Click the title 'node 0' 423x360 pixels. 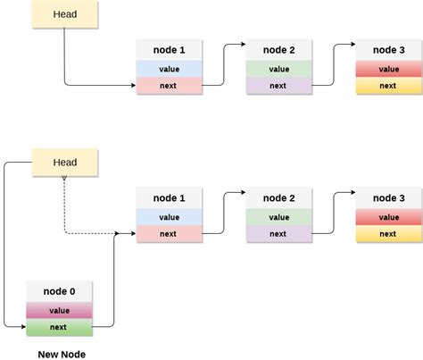59,291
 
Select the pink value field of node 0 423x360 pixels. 59,310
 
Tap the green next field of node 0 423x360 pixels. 59,327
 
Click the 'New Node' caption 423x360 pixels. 62,355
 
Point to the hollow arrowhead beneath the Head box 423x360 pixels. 64,178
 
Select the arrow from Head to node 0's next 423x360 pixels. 4,244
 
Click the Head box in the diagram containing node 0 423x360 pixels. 65,163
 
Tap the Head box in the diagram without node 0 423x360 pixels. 65,14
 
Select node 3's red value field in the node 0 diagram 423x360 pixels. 389,217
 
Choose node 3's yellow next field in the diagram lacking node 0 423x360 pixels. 389,86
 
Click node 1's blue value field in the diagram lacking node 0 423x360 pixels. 169,69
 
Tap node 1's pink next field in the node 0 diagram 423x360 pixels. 169,234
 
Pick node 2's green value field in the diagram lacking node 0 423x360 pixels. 279,69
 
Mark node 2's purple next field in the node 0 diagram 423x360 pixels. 279,234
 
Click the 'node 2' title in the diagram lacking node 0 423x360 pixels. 279,50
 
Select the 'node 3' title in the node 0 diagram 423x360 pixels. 389,198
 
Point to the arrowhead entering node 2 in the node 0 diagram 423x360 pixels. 244,192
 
